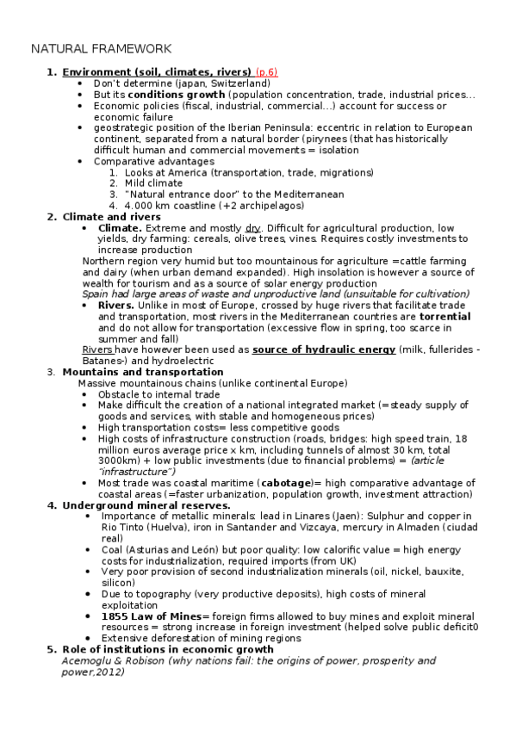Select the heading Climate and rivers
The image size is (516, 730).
point(111,217)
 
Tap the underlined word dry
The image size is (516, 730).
point(253,228)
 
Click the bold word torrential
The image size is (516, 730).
point(445,317)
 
